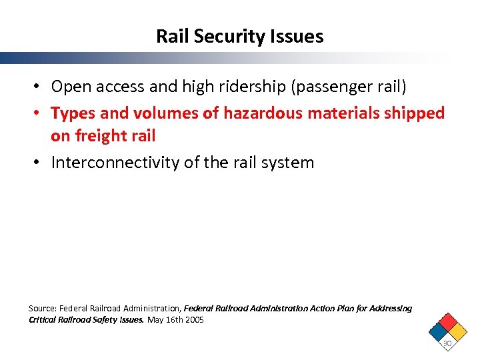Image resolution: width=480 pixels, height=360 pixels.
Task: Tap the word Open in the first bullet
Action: pos(72,87)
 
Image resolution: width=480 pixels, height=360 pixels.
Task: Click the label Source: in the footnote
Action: pos(42,309)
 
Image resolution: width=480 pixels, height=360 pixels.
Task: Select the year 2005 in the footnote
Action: pos(194,320)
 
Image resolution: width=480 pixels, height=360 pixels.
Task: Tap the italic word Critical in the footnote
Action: pos(43,320)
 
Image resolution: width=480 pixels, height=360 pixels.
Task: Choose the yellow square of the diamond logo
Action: pos(457,329)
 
